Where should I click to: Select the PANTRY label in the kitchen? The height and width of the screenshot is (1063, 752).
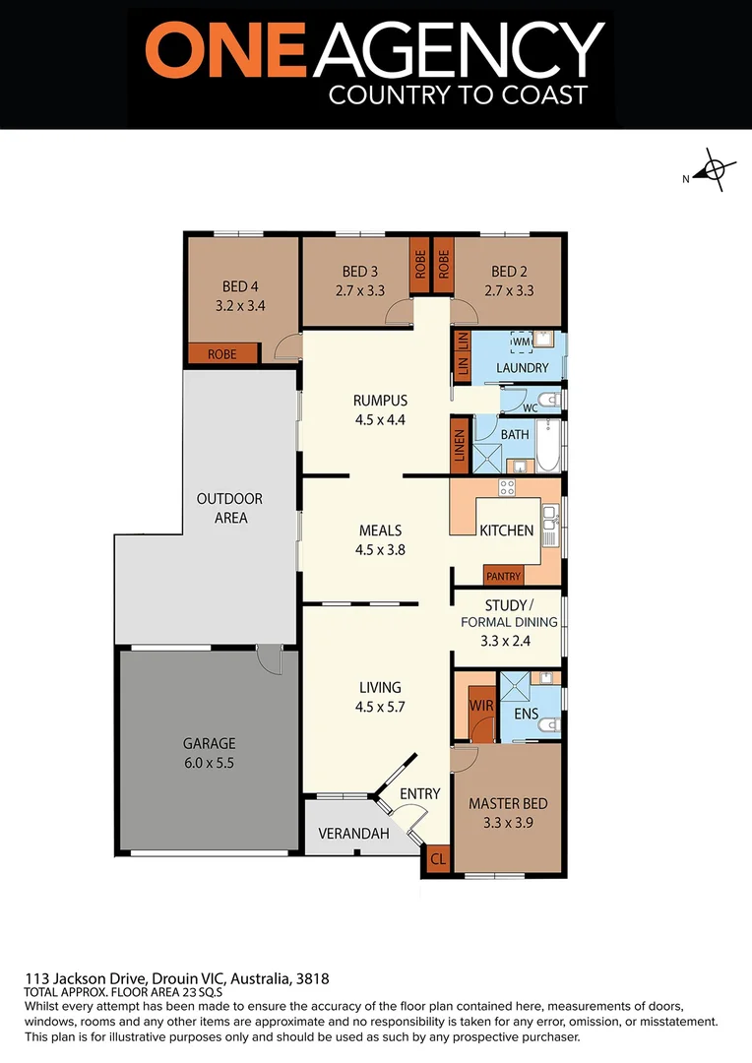coord(503,575)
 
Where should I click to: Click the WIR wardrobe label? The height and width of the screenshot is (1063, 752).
coord(481,705)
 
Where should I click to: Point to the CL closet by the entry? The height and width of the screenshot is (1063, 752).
coord(438,859)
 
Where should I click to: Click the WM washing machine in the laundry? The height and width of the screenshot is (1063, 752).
coord(521,342)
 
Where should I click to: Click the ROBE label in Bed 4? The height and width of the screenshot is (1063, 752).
coord(222,353)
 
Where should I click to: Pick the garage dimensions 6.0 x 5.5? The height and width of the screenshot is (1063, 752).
coord(209,762)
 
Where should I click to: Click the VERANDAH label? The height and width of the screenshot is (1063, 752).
coord(353,834)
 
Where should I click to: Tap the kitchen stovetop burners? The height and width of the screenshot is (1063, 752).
coord(508,486)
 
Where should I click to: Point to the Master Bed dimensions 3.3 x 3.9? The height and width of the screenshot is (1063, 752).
coord(508,822)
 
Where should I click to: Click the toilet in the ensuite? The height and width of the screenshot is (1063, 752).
coord(550,725)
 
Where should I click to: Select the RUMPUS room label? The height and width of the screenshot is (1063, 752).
coord(380,401)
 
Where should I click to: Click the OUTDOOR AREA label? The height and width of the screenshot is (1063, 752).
coord(229,508)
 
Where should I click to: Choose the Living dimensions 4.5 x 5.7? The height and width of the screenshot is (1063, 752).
coord(380,706)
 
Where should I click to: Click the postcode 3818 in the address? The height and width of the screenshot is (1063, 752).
coord(312,978)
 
